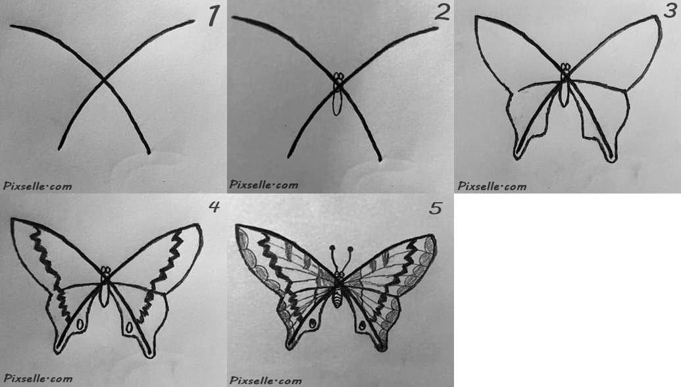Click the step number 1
(213, 16)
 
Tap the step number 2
(442, 13)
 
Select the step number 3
(670, 10)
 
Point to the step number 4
(214, 207)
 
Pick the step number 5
(436, 208)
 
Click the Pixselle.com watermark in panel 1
(38, 186)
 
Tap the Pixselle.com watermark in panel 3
(492, 186)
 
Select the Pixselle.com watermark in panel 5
(265, 380)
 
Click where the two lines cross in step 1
(103, 80)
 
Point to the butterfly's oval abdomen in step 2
(337, 103)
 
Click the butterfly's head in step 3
(565, 68)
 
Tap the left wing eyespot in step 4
(80, 324)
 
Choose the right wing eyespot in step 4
(129, 328)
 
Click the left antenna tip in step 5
(332, 248)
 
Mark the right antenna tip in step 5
(350, 249)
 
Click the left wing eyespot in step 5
(313, 324)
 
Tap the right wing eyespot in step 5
(362, 324)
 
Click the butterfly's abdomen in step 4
(104, 295)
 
